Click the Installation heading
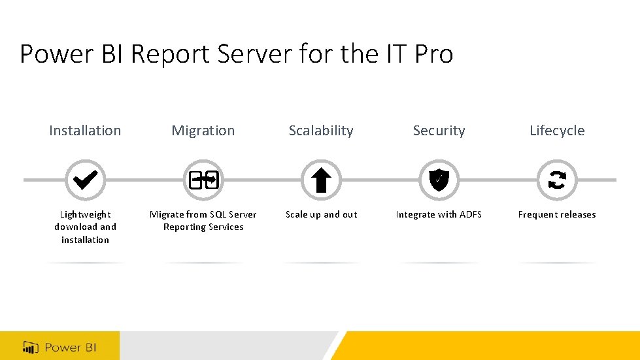[x=85, y=131]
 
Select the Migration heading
[x=203, y=131]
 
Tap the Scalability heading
[x=321, y=131]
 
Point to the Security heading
[x=439, y=131]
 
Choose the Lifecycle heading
[x=557, y=131]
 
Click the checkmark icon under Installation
[x=85, y=180]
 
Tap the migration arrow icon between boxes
[x=203, y=180]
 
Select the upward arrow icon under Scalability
[x=321, y=180]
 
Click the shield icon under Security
[x=439, y=180]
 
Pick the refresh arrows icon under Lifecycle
[x=557, y=180]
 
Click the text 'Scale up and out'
[x=321, y=214]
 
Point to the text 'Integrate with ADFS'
[x=439, y=214]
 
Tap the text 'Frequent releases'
[x=557, y=214]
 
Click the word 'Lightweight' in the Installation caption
[x=85, y=214]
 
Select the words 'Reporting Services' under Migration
[x=203, y=227]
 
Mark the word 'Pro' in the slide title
[x=433, y=54]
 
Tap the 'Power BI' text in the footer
[x=71, y=347]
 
